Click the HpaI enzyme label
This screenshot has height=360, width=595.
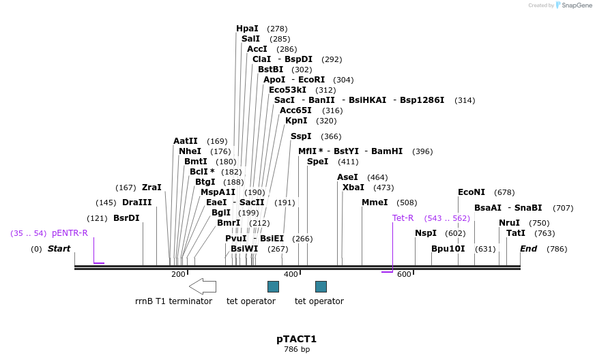pos(247,29)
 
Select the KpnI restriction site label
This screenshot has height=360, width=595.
pos(297,121)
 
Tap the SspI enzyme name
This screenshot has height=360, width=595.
pos(301,136)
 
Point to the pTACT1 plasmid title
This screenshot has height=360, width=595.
pos(296,339)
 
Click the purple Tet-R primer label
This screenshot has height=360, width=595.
pos(403,218)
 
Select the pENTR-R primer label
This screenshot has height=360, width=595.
pos(70,233)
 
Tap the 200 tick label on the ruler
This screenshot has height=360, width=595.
pos(178,274)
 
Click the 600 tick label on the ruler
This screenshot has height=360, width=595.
pos(404,274)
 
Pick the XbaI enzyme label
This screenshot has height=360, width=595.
pos(353,187)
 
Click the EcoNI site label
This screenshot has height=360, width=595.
pos(471,192)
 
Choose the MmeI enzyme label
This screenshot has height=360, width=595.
pos(375,202)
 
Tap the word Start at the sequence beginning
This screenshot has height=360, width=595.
pos(59,249)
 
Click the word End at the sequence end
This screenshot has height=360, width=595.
pos(529,249)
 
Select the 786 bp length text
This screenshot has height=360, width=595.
pos(297,350)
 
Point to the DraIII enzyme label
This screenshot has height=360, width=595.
pos(137,202)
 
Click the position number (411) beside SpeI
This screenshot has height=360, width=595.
pos(348,162)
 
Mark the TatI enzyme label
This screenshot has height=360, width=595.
pos(516,233)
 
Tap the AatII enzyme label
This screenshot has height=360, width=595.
pos(186,141)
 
